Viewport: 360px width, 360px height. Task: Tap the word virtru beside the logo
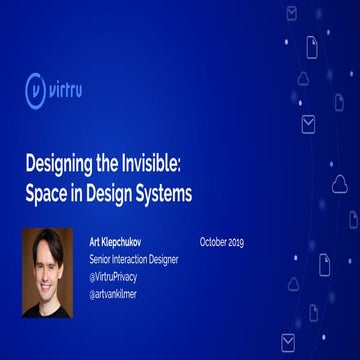79,90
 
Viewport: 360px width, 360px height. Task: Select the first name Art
95,242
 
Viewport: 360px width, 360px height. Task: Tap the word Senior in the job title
102,258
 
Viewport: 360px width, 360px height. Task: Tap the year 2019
236,242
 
